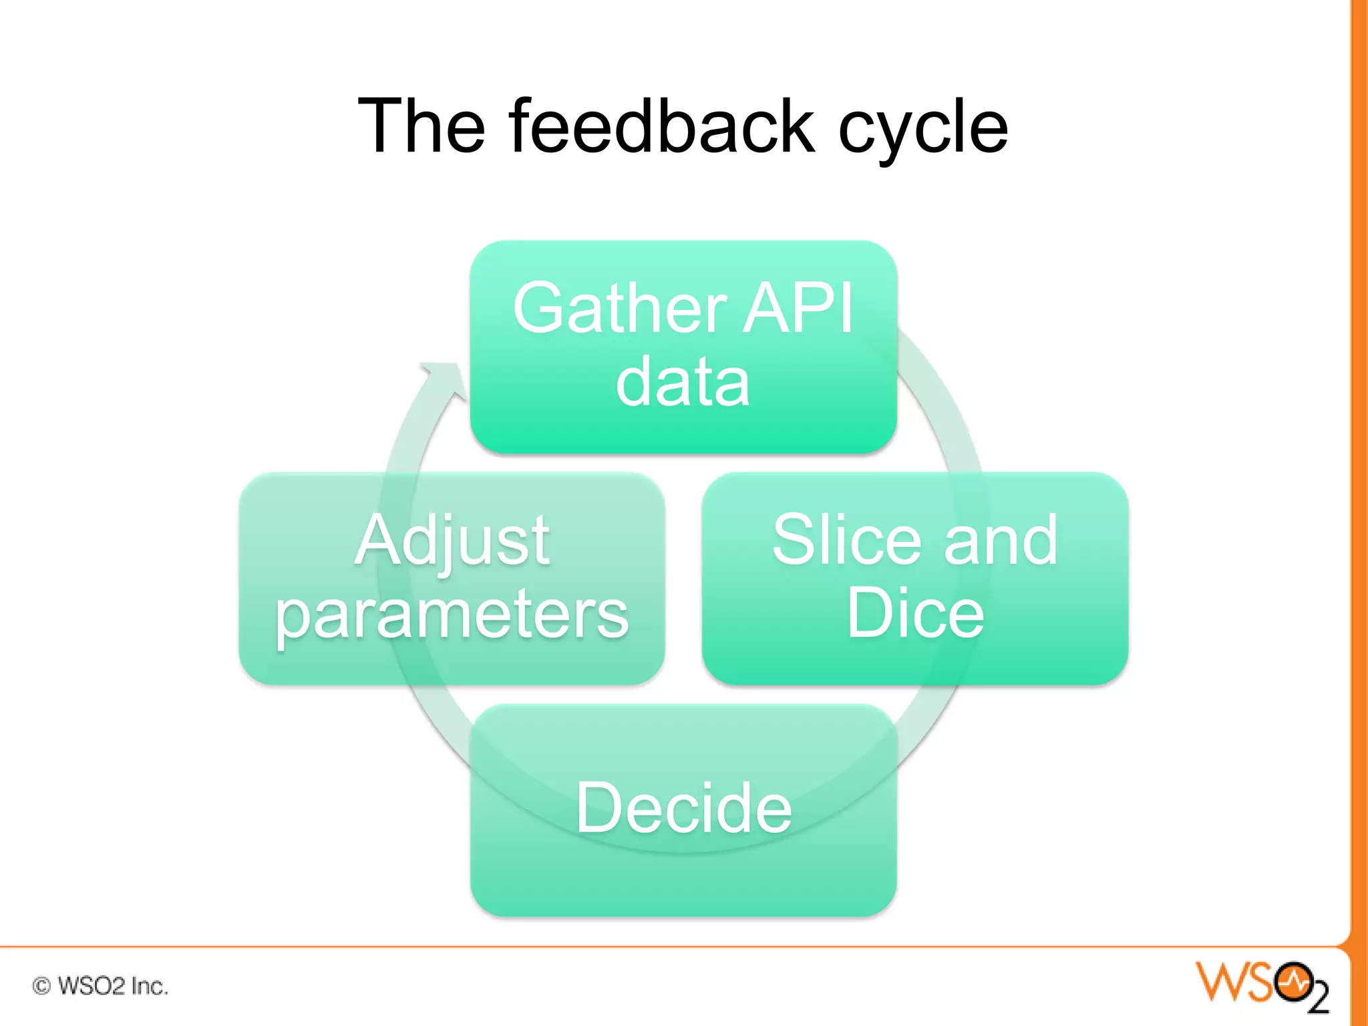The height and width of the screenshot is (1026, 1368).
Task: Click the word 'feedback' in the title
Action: [661, 126]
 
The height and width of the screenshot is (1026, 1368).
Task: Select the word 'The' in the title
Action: [422, 126]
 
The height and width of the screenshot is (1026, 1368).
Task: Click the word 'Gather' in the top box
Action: [619, 309]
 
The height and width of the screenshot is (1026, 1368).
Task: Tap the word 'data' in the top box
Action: [683, 383]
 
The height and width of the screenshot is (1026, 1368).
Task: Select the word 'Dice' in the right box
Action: [914, 613]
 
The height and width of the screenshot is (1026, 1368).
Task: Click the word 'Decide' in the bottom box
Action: [683, 808]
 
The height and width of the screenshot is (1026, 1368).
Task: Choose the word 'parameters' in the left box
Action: [452, 615]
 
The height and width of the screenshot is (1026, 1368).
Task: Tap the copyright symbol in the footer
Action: [41, 986]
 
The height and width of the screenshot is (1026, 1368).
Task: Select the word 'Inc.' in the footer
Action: [149, 986]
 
